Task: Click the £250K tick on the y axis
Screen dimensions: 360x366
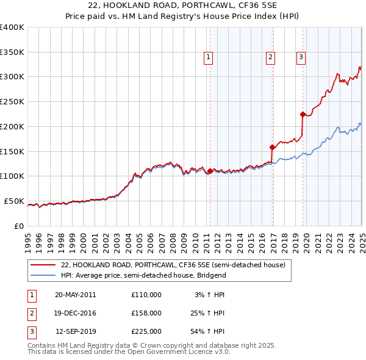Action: tap(12, 101)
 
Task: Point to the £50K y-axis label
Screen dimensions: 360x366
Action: tap(14, 201)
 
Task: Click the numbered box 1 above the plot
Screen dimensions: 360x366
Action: tap(209, 57)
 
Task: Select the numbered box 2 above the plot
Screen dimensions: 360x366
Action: tap(270, 57)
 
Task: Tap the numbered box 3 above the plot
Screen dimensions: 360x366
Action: tap(301, 57)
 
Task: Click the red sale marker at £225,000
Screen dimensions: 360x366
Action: tap(303, 113)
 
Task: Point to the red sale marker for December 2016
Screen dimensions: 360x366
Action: tap(272, 147)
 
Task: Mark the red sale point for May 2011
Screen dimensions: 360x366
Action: tap(210, 171)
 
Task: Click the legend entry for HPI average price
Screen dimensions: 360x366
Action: tap(143, 275)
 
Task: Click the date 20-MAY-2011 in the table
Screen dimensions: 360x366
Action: tap(75, 295)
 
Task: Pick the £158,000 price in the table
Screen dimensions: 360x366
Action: tap(146, 313)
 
